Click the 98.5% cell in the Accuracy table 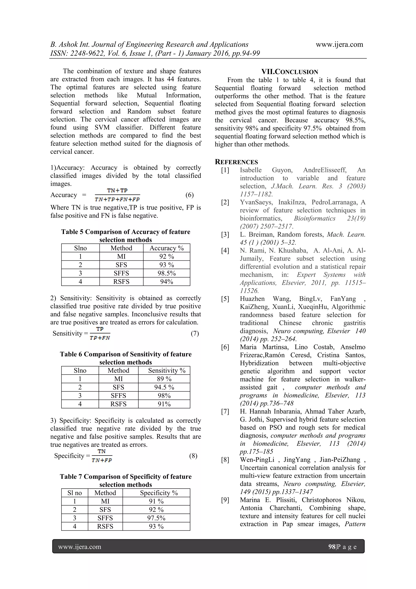coord(167,273)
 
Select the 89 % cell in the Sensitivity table coord(164,379)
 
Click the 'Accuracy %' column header coord(167,248)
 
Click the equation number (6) coord(190,195)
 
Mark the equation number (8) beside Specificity coord(193,456)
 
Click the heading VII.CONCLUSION coord(290,72)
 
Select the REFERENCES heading coord(236,162)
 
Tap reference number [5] coord(225,299)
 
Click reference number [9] coord(225,500)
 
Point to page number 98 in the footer coord(332,547)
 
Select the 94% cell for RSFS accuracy coord(167,282)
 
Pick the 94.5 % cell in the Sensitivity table coord(164,387)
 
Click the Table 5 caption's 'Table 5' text coord(72,232)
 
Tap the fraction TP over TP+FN coord(100,333)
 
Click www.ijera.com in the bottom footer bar coord(80,547)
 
